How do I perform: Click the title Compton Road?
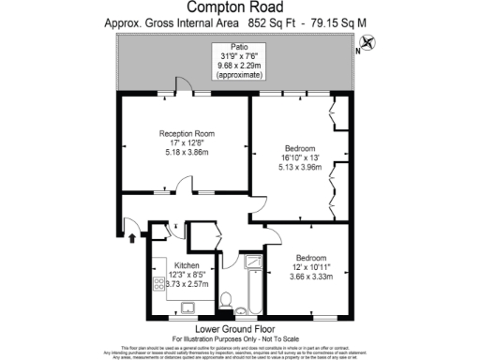click(x=241, y=9)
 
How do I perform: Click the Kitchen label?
click(x=187, y=265)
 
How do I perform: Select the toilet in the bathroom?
click(x=225, y=300)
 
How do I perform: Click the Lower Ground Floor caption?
click(x=241, y=328)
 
